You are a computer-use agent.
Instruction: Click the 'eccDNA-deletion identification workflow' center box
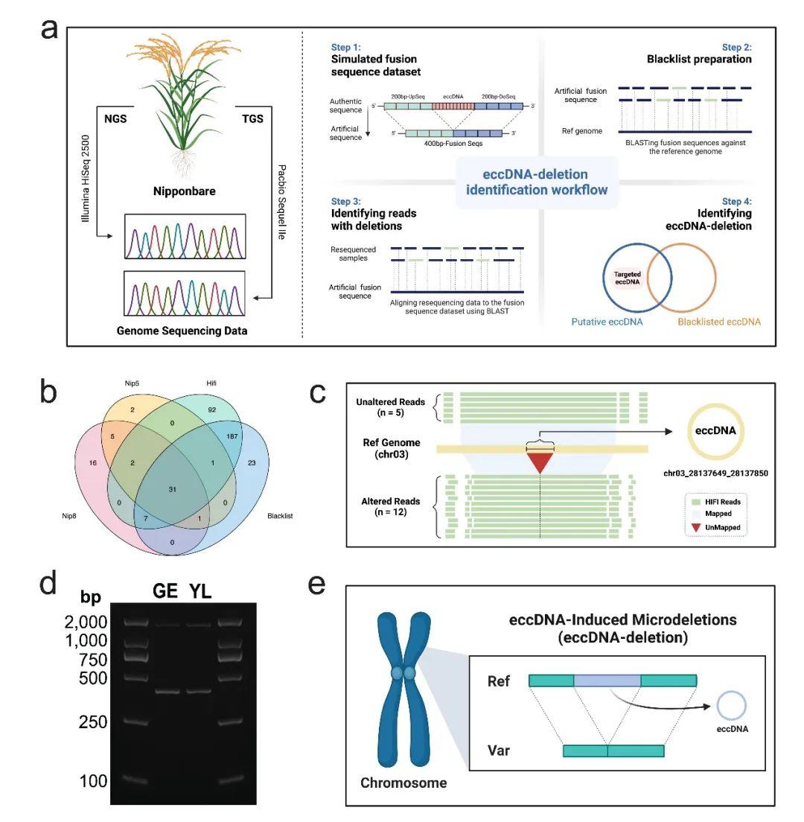(537, 182)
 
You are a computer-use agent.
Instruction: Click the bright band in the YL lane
(199, 691)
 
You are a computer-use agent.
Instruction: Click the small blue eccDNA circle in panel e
(731, 704)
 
